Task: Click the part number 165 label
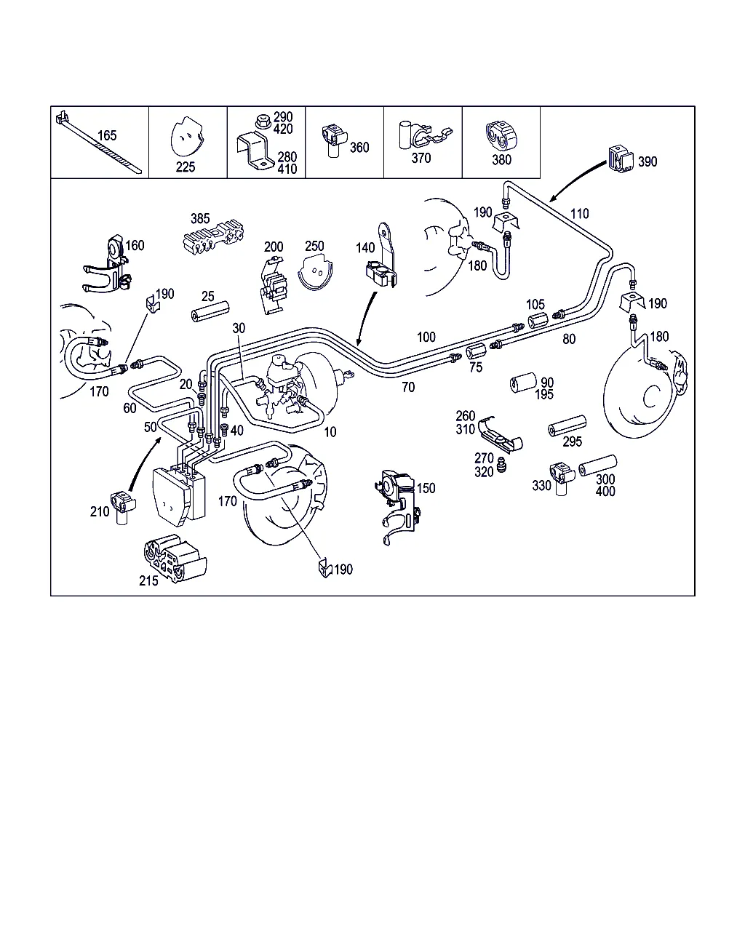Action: click(x=107, y=135)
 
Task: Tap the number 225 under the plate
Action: click(x=186, y=167)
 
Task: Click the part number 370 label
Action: click(x=421, y=158)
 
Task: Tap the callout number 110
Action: click(x=580, y=214)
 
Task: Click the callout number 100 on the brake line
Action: click(x=426, y=337)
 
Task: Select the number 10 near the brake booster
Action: click(x=330, y=432)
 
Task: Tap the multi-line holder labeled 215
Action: click(x=173, y=556)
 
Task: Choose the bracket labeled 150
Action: click(x=397, y=502)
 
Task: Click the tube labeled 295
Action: click(x=567, y=426)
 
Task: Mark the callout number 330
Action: click(x=541, y=485)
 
